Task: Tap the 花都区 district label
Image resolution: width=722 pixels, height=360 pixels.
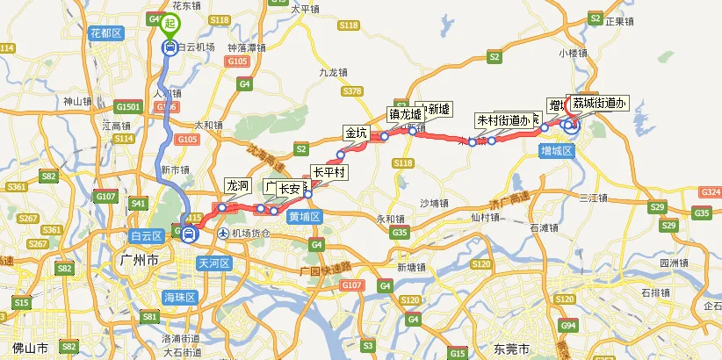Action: click(x=105, y=33)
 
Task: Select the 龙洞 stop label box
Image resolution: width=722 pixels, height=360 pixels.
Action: click(x=238, y=186)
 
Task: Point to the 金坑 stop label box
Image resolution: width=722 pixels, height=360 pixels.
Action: click(x=357, y=133)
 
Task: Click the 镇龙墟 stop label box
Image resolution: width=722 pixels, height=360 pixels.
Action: click(x=405, y=114)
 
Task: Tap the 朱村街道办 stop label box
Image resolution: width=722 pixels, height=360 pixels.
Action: click(x=506, y=119)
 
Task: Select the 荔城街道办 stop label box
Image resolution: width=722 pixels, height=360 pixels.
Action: click(x=599, y=104)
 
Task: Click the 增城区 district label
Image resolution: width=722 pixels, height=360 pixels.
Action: click(x=556, y=151)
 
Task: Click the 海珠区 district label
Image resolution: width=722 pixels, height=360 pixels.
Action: click(x=180, y=298)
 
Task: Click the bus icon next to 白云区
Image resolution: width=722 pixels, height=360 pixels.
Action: click(x=188, y=234)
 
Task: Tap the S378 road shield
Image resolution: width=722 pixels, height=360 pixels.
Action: click(x=354, y=91)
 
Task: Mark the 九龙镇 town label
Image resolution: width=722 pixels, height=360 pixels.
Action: click(x=335, y=73)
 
